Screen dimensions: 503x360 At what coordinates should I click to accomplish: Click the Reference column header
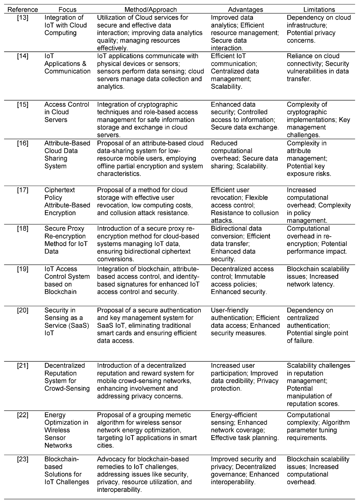23,10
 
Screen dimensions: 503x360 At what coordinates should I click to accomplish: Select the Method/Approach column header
151,10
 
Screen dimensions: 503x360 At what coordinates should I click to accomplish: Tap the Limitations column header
319,10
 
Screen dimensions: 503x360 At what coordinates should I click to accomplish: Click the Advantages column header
245,10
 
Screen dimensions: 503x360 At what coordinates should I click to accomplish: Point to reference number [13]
23,18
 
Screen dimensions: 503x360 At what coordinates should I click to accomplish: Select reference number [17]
23,190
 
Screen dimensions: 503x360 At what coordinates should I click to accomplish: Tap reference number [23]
23,459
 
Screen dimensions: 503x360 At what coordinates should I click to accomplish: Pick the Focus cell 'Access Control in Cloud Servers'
67,112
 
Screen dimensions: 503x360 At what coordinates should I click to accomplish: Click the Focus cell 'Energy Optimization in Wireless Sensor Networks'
66,430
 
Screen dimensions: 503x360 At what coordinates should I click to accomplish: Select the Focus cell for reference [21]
67,377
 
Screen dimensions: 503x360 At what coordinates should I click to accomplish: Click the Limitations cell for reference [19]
318,277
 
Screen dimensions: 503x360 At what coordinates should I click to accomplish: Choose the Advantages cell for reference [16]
244,155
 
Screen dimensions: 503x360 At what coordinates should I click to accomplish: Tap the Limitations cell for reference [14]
318,68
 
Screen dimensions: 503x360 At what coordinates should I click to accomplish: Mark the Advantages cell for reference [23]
245,471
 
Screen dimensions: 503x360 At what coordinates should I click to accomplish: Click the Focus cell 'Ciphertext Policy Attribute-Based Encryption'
67,202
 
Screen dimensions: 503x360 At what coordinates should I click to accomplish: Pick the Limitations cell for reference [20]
317,326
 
